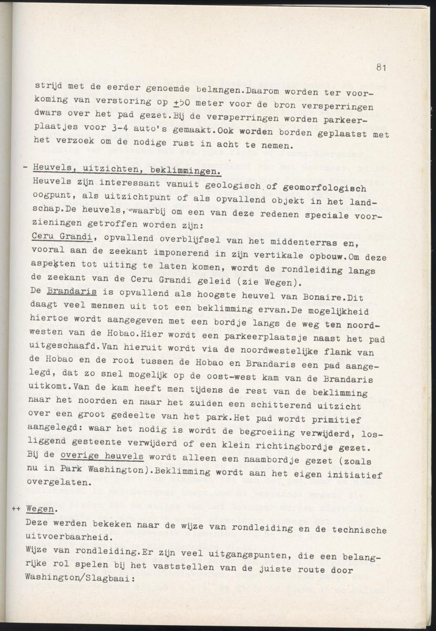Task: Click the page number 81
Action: pyautogui.click(x=382, y=67)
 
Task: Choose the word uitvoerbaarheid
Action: pyautogui.click(x=74, y=536)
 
